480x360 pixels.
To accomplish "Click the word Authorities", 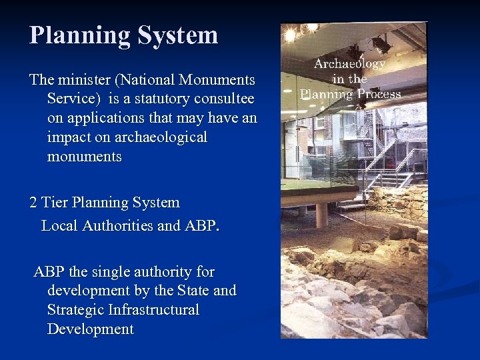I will click(118, 226).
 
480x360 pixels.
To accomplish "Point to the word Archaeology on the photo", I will click(349, 64).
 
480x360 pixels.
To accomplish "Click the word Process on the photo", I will click(378, 94).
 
